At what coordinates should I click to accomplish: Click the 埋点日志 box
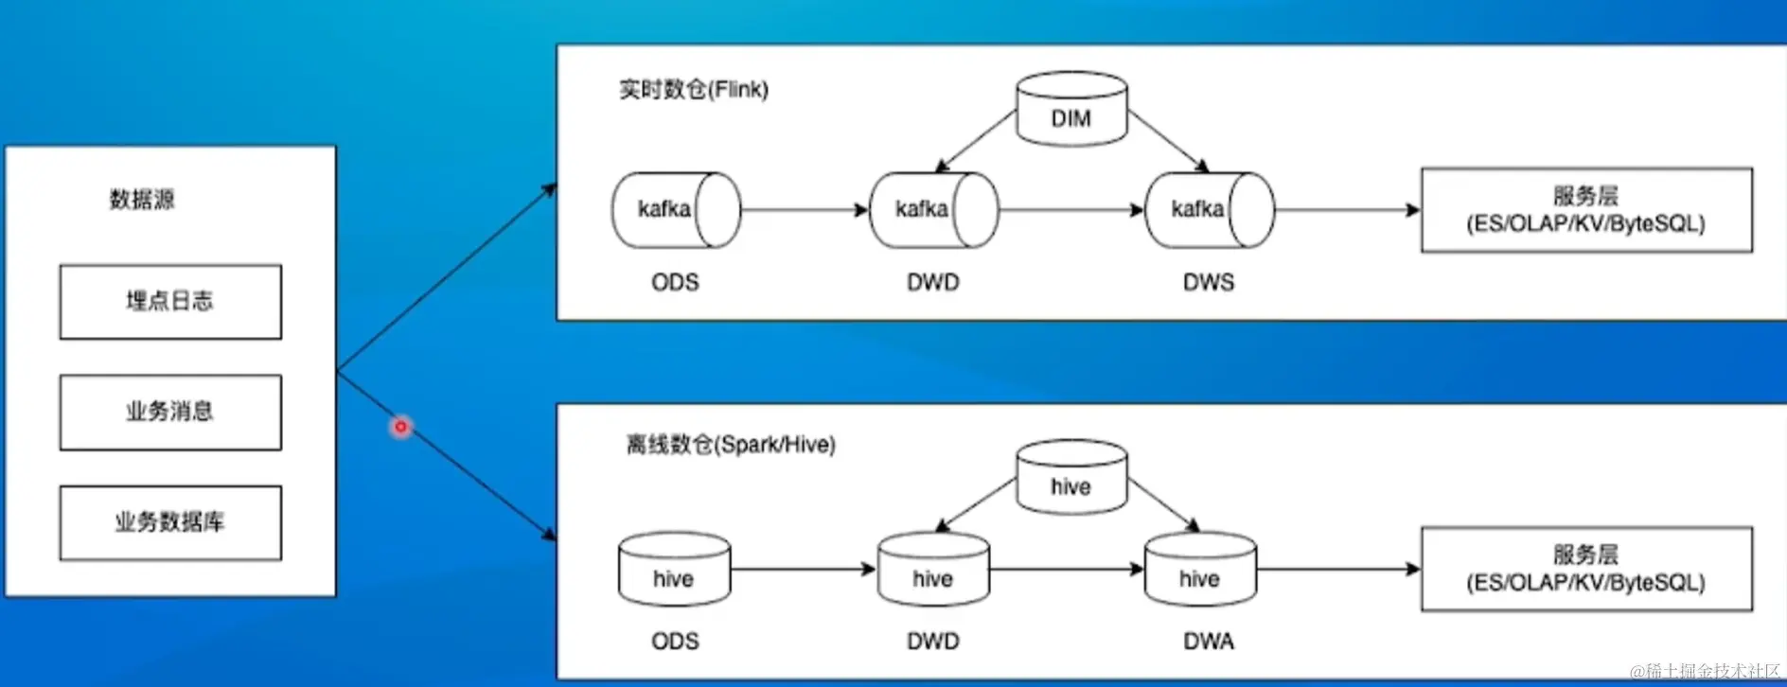[x=170, y=302]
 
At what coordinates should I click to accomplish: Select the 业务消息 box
[x=170, y=412]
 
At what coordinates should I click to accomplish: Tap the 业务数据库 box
[x=170, y=522]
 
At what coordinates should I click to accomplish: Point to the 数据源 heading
[x=142, y=200]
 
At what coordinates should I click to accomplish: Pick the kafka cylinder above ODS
[x=675, y=209]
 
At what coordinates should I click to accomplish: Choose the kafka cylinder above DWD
[x=933, y=209]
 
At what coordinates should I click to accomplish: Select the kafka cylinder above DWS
[x=1209, y=209]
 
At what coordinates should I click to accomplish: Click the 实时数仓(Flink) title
[x=694, y=90]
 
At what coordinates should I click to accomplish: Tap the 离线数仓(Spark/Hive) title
[x=731, y=445]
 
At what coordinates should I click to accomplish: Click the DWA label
[x=1209, y=642]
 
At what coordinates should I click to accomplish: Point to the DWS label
[x=1209, y=282]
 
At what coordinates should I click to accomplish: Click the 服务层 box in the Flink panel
[x=1586, y=210]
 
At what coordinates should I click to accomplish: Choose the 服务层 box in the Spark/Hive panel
[x=1586, y=569]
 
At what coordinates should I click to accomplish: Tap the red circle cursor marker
[x=400, y=427]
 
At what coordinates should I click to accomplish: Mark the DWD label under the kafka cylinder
[x=933, y=282]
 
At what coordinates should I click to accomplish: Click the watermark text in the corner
[x=1704, y=672]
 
